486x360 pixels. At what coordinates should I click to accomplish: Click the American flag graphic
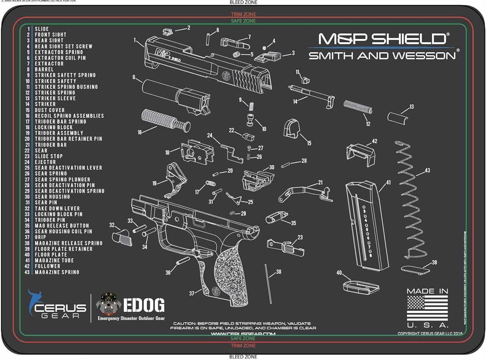click(x=427, y=308)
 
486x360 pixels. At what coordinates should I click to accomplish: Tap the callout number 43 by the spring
click(x=427, y=171)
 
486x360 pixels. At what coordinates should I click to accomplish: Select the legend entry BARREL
click(x=44, y=69)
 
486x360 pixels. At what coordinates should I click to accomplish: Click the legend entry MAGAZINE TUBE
click(x=54, y=260)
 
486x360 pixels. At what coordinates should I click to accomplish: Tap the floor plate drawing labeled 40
click(x=361, y=286)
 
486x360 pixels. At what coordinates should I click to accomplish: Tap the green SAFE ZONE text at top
click(x=243, y=21)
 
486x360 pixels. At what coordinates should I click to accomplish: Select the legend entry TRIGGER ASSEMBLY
click(x=59, y=133)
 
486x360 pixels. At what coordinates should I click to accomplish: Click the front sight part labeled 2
click(x=167, y=31)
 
